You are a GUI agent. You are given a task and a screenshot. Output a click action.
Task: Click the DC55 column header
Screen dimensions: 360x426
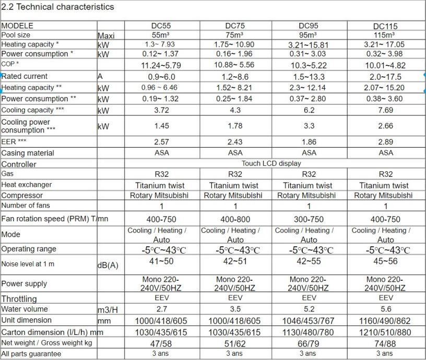coord(161,26)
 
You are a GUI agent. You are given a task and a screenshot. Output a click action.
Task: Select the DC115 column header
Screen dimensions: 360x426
coord(385,26)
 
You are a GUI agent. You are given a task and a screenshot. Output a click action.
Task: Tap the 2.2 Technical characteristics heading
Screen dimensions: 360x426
coord(58,7)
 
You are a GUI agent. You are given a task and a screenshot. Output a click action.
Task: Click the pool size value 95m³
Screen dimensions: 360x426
coord(309,35)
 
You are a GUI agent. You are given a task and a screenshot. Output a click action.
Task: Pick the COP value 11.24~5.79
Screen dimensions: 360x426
coord(161,65)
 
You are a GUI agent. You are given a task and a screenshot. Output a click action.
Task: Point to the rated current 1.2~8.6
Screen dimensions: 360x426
coord(235,76)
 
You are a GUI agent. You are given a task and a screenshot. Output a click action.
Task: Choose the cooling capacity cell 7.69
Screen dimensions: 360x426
coord(385,110)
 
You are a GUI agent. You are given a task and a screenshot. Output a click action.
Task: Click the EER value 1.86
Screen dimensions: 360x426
coord(309,141)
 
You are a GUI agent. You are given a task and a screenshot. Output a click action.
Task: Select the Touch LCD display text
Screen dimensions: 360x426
coord(271,163)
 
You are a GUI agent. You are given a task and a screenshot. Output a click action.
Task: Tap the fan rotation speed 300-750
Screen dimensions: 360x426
coord(309,220)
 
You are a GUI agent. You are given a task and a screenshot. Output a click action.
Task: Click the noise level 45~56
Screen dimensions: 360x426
coord(385,261)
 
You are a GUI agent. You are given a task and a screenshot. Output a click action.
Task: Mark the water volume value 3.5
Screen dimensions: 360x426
coord(235,309)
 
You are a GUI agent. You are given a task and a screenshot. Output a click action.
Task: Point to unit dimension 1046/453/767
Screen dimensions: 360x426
coord(309,320)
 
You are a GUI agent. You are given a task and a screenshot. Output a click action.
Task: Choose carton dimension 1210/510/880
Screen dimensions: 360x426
coord(385,332)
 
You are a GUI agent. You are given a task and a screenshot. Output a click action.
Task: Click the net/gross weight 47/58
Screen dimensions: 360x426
coord(161,343)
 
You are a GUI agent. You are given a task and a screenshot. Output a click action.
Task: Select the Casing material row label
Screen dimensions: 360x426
coord(28,153)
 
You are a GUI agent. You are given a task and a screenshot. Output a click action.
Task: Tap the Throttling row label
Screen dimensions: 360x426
coord(19,298)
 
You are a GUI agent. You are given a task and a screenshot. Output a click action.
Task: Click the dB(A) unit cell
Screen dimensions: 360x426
coord(108,265)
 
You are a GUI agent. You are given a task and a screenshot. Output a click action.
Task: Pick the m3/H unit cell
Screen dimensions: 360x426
coord(108,310)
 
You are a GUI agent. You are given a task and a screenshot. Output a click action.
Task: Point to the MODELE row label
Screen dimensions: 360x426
coord(17,26)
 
